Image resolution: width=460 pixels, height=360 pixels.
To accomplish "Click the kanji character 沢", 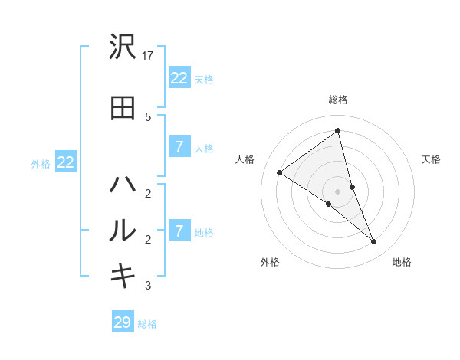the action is click(x=123, y=48).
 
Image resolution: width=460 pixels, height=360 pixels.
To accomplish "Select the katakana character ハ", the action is click(x=123, y=185).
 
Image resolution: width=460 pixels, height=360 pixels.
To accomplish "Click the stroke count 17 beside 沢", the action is click(x=148, y=56).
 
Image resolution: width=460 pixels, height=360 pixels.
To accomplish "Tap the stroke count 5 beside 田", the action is click(x=148, y=116).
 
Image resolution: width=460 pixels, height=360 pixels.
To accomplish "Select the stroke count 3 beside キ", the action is click(x=148, y=286).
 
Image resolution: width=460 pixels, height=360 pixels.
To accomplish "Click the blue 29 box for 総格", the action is click(x=123, y=322).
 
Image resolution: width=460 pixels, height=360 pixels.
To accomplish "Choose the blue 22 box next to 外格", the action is click(x=66, y=162).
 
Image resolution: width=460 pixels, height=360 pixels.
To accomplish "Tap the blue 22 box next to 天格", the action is click(x=179, y=77).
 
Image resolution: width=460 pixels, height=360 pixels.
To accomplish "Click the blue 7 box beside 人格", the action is click(x=179, y=147).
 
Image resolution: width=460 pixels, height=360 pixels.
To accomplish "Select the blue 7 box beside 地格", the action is click(x=179, y=231).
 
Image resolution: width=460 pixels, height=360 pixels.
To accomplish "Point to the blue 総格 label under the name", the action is click(x=147, y=324).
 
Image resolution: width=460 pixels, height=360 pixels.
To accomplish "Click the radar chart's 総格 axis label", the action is click(x=337, y=100).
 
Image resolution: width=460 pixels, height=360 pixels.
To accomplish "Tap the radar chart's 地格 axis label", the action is click(x=402, y=262).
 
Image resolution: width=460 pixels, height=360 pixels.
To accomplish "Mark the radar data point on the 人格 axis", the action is click(x=280, y=173).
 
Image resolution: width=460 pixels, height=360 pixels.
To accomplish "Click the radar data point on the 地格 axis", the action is click(x=373, y=241).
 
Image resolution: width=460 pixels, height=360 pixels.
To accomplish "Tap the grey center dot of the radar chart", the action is click(x=337, y=191).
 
